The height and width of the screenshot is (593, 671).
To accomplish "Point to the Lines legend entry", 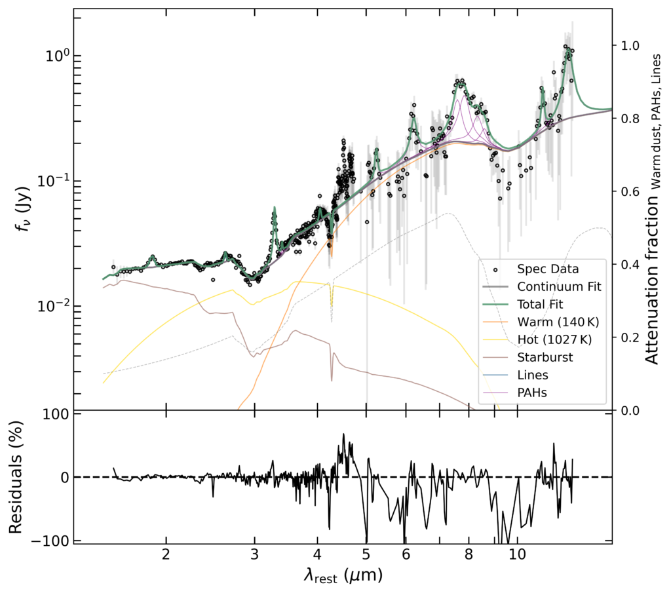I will [532, 375].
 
